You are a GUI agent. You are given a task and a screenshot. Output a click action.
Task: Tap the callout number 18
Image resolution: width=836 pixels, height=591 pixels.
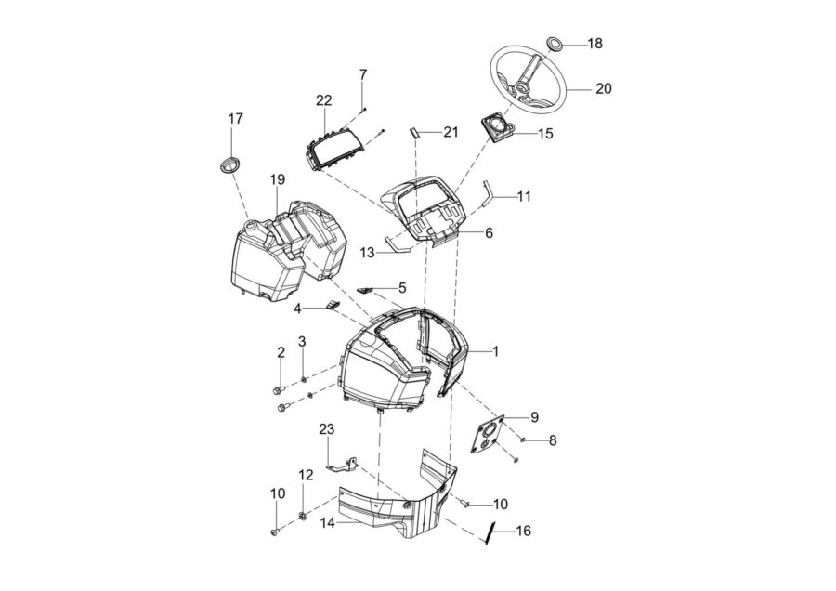(x=595, y=43)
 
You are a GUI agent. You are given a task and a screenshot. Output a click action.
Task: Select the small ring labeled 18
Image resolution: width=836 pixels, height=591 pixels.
(x=555, y=45)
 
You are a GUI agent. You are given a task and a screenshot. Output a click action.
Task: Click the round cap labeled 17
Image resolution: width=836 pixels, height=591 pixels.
(x=229, y=164)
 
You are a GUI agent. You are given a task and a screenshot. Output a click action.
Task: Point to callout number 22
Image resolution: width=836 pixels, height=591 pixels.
(x=323, y=99)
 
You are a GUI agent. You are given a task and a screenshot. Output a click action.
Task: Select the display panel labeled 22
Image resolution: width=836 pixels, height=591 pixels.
(x=334, y=147)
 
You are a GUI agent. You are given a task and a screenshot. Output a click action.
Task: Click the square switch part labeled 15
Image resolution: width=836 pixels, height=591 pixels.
(x=500, y=128)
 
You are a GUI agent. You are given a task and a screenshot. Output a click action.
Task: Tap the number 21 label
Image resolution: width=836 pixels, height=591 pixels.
(x=451, y=132)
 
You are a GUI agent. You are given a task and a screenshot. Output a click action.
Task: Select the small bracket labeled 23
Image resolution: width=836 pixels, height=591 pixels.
(x=341, y=464)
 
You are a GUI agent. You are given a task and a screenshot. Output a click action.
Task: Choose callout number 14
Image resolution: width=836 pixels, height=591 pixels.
(x=328, y=523)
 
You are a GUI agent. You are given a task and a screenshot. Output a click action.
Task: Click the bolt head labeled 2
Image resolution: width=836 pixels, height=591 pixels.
(x=277, y=391)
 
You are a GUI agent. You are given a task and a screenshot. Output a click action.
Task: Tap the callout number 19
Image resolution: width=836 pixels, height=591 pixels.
(x=277, y=179)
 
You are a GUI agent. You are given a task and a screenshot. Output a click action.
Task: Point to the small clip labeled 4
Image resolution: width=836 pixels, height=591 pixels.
(x=333, y=305)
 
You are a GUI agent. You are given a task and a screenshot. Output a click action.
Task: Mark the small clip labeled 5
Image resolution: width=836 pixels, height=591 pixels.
(x=366, y=290)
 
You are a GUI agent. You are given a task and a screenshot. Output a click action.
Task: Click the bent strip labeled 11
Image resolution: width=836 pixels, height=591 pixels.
(x=487, y=194)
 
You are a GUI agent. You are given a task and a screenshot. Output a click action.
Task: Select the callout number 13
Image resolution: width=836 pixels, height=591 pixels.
(x=367, y=253)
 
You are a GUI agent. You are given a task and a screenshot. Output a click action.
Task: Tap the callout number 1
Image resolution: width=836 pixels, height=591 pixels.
(x=495, y=351)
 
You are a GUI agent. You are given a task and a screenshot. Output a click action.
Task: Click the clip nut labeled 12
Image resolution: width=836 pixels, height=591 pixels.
(x=302, y=516)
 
